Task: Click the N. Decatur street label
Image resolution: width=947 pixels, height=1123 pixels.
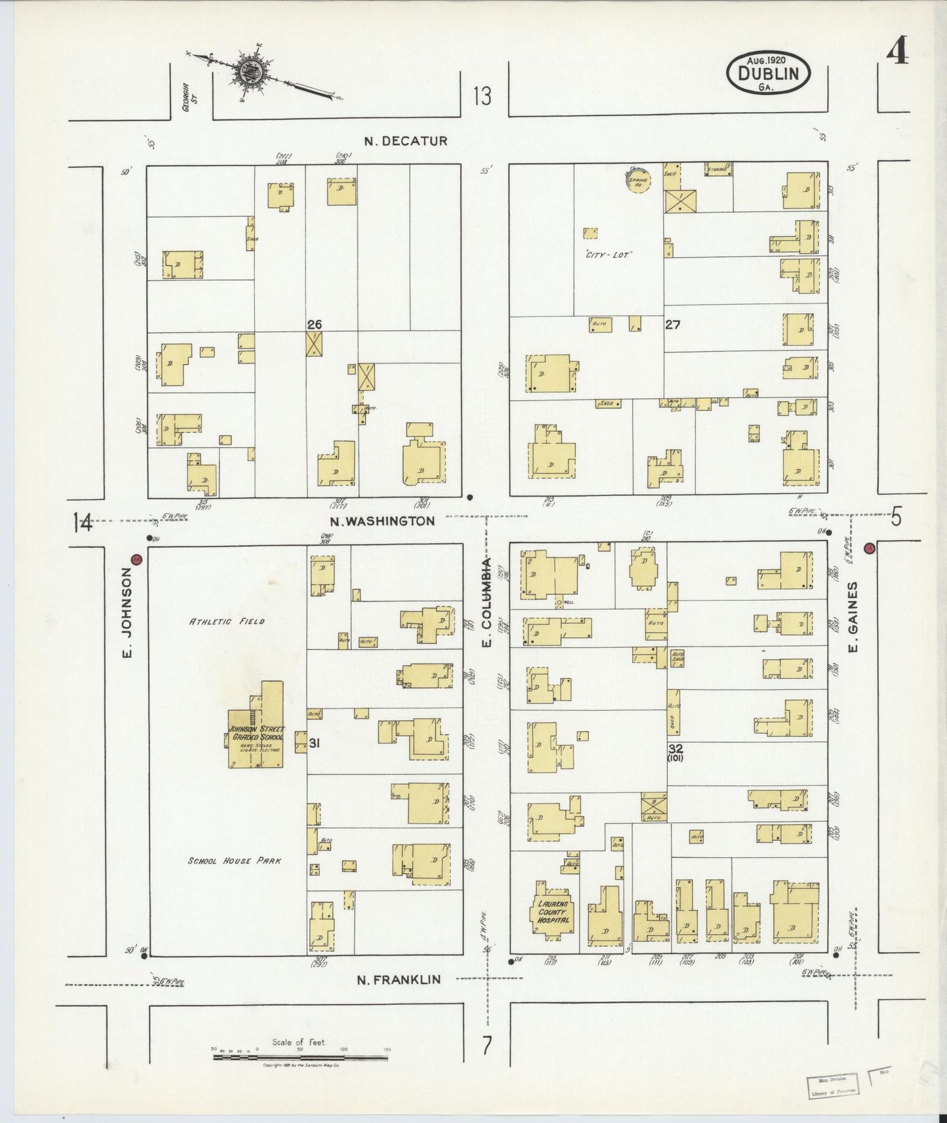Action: [x=406, y=141]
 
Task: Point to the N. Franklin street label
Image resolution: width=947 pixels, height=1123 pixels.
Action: [x=398, y=980]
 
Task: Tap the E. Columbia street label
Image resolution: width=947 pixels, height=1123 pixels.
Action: [x=486, y=603]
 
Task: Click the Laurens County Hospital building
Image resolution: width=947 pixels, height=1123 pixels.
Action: [x=553, y=911]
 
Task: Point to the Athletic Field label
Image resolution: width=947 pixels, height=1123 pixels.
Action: [x=227, y=621]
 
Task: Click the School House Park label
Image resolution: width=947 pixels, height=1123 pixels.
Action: [x=234, y=860]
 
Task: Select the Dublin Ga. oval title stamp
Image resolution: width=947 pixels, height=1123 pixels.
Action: [x=768, y=72]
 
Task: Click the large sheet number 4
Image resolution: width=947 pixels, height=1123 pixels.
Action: [x=897, y=52]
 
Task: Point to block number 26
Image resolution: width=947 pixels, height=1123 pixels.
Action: [x=315, y=324]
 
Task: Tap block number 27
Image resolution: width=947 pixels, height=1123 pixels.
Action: [x=672, y=324]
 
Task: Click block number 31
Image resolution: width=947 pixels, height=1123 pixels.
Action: [x=315, y=743]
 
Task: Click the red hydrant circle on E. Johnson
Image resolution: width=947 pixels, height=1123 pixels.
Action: [x=136, y=560]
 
